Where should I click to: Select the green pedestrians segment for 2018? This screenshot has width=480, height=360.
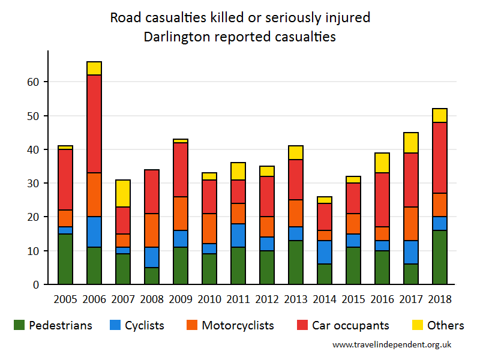pos(440,257)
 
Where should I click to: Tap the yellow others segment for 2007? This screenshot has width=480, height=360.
pos(123,193)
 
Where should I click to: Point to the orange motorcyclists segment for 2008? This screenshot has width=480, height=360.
pos(152,230)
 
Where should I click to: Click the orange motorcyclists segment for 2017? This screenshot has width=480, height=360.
pos(411,224)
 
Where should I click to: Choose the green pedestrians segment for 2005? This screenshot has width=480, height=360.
pos(65,259)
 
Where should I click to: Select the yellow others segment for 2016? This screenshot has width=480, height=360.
pos(382,163)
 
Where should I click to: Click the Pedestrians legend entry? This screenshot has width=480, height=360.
pos(53,326)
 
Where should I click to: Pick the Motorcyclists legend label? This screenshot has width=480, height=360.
pos(238,326)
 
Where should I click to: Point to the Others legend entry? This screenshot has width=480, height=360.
pos(437,326)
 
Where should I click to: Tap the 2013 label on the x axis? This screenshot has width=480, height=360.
pos(296,299)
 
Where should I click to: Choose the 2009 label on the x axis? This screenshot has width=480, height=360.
pos(181,299)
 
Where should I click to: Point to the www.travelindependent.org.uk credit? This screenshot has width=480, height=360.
pos(392,344)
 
